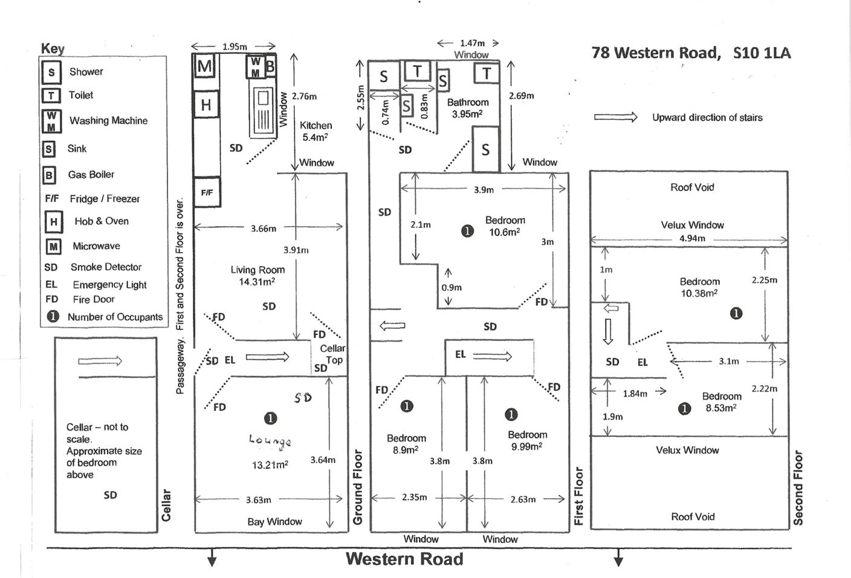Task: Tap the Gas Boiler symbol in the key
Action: [49, 175]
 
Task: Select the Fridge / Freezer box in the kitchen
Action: [207, 192]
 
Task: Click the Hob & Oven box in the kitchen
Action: [205, 105]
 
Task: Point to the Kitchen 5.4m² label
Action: [315, 131]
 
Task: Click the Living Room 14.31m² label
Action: [257, 276]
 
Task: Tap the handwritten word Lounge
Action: [270, 441]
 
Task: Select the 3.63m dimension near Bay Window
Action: [258, 500]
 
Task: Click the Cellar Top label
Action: [332, 354]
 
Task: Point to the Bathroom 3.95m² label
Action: [467, 108]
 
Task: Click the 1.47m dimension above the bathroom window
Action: [471, 43]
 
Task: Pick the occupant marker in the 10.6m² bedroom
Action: [467, 230]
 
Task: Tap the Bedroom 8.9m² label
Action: [406, 444]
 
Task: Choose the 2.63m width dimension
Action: [522, 499]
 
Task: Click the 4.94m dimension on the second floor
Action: [692, 238]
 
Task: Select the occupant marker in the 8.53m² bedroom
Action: [684, 409]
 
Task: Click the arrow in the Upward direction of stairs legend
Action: [615, 117]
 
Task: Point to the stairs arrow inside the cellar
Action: [100, 361]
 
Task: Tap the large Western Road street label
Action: [404, 559]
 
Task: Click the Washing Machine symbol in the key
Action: [51, 121]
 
